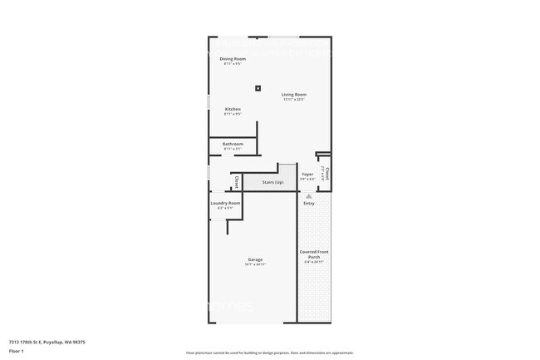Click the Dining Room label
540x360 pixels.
click(x=233, y=58)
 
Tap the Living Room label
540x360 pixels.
click(x=293, y=95)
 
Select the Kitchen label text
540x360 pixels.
click(x=233, y=109)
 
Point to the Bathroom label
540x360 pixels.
click(x=233, y=144)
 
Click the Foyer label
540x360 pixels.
click(x=307, y=174)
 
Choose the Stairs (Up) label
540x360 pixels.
click(x=272, y=181)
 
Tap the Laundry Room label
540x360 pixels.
click(x=224, y=203)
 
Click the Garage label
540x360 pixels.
click(x=255, y=259)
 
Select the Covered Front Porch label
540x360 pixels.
click(x=315, y=254)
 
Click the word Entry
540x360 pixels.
click(x=309, y=203)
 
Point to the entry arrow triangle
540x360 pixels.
click(x=309, y=195)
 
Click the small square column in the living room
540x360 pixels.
click(x=258, y=87)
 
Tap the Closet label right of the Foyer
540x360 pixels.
click(x=327, y=173)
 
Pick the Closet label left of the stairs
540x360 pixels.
click(x=237, y=182)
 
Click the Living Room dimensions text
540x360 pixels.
click(x=293, y=100)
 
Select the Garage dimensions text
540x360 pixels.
click(x=255, y=264)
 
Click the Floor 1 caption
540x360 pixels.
click(x=17, y=351)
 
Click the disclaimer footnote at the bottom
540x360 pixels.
click(x=270, y=353)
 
